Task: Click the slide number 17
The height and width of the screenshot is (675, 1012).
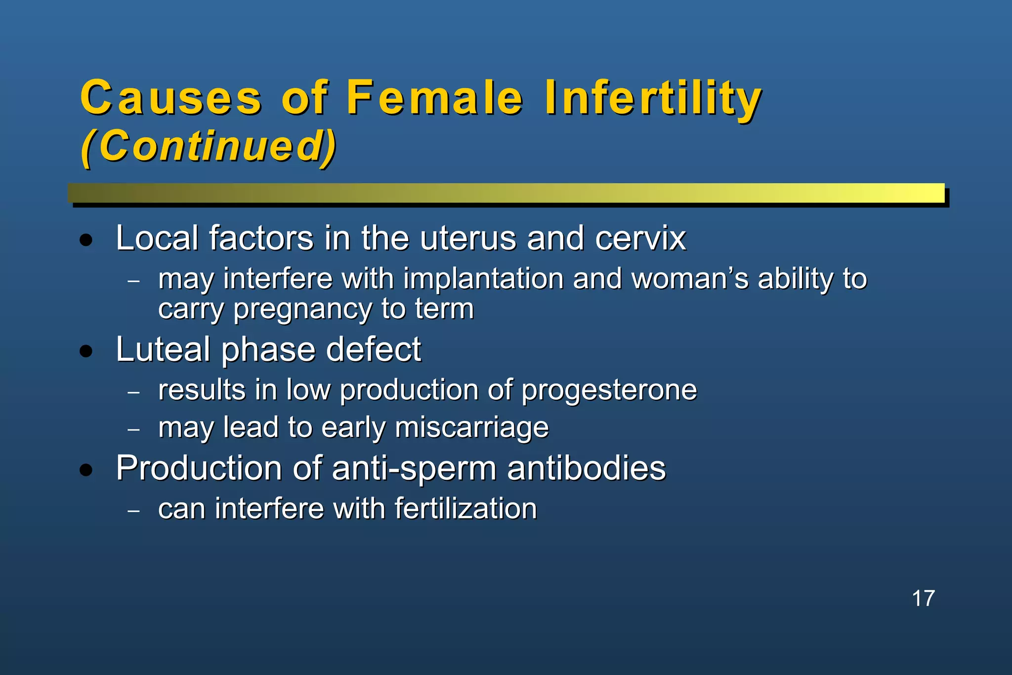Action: [x=923, y=598]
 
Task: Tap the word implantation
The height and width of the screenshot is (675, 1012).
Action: [x=483, y=279]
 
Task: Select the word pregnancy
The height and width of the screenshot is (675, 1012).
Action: [x=302, y=310]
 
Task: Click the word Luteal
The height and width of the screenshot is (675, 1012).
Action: [x=163, y=349]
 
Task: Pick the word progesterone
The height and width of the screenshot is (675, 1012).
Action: [x=609, y=390]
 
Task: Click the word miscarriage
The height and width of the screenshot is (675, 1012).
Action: [x=471, y=427]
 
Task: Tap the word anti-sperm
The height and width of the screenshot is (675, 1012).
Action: [x=414, y=468]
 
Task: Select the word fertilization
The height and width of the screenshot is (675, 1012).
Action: [x=465, y=508]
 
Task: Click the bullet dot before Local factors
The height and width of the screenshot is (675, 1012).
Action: [x=86, y=241]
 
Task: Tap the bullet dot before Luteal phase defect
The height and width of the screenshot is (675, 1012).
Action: [x=86, y=351]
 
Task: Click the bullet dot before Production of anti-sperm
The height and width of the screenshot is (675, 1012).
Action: [x=86, y=470]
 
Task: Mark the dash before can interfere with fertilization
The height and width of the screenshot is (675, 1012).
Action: [x=133, y=511]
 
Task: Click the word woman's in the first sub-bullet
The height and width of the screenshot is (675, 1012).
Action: [x=690, y=279]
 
